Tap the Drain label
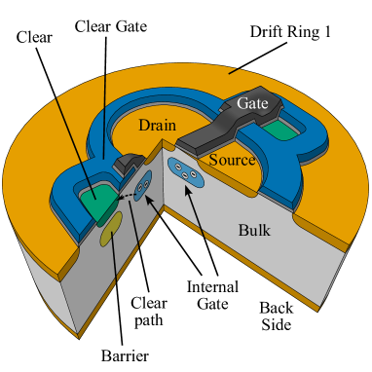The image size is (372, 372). tap(157, 126)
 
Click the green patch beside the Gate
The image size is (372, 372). tap(279, 131)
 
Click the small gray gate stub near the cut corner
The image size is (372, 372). tap(127, 164)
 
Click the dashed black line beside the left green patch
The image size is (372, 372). tap(124, 196)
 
